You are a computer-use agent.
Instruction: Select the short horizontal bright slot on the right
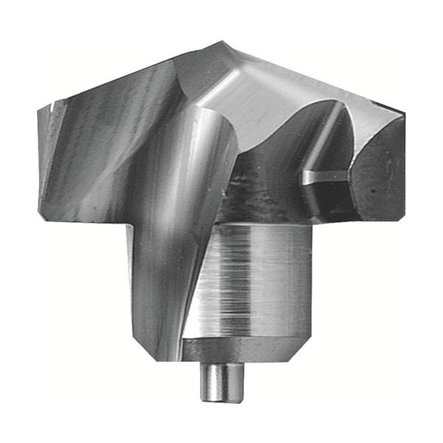tap(323, 176)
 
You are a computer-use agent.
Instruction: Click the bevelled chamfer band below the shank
tap(251, 348)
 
